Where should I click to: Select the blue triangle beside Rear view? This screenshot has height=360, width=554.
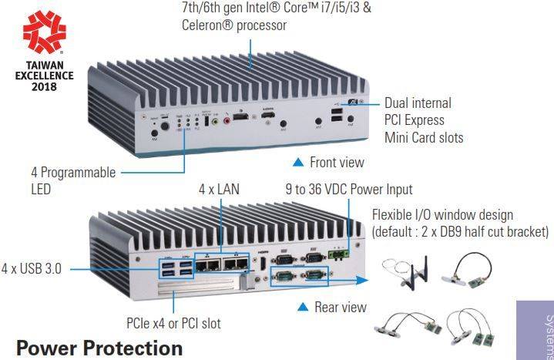[303, 307]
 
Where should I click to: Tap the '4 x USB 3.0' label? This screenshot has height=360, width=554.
[32, 269]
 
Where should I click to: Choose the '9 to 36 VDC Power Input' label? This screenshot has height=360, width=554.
[349, 189]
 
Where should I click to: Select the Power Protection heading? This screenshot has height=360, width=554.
[99, 348]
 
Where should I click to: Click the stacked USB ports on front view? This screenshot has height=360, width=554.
[337, 116]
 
